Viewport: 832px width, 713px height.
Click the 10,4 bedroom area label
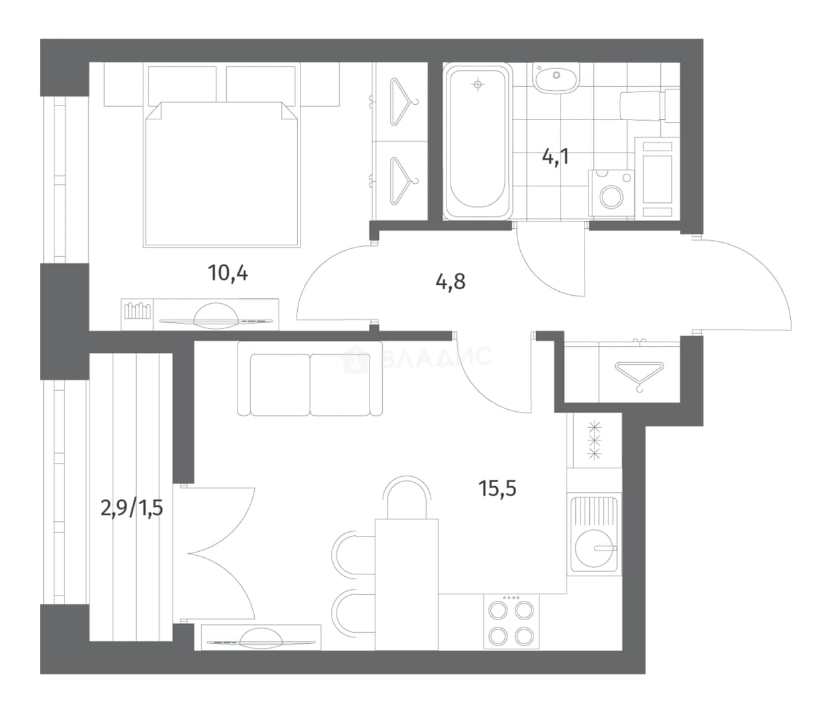[228, 273]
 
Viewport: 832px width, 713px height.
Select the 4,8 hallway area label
[451, 281]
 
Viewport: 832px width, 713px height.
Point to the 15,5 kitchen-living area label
[497, 488]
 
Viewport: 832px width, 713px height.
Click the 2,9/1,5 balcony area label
[131, 509]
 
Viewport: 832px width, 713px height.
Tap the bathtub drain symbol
[478, 84]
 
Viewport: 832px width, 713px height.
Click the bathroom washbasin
[556, 77]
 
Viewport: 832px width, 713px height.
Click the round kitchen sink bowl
[594, 548]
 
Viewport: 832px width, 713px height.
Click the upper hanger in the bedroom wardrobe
[403, 101]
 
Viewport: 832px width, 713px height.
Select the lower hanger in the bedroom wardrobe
[403, 180]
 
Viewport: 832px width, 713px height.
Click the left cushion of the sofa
[280, 385]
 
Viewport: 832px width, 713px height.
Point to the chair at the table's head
[407, 497]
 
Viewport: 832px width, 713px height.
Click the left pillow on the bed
[182, 84]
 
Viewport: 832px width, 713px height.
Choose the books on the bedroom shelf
[137, 310]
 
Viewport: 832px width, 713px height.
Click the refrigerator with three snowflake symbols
[594, 440]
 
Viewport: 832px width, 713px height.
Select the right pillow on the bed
[261, 84]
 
